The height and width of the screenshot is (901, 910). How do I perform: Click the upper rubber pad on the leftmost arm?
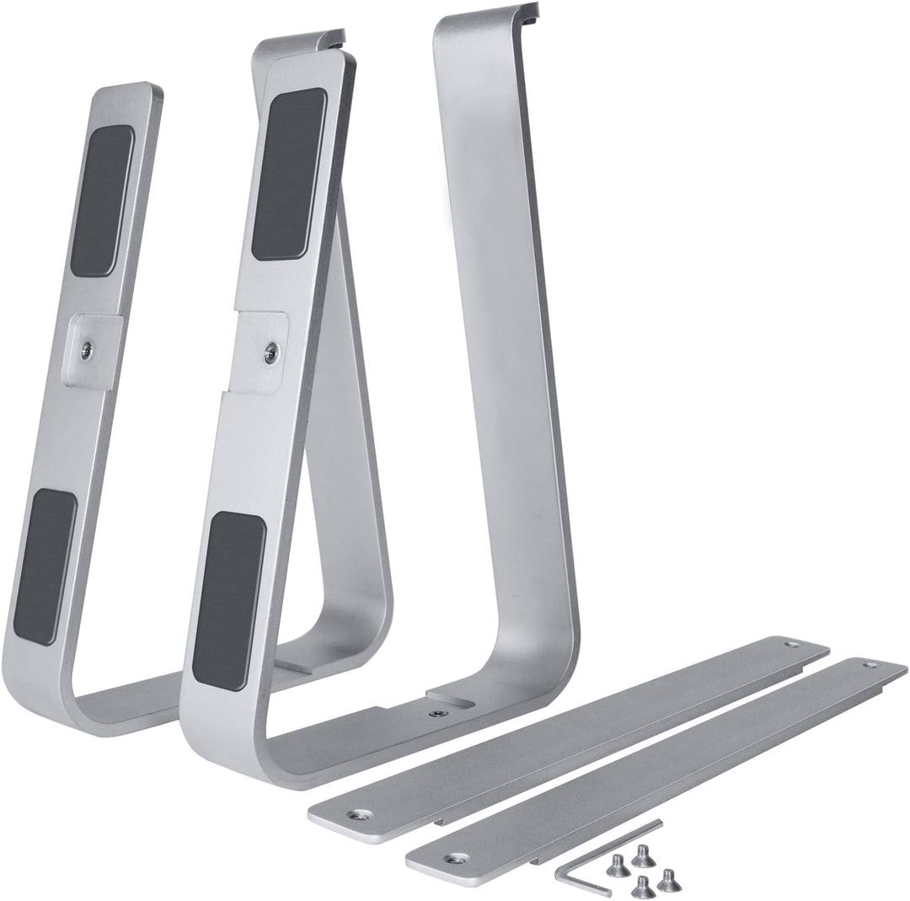(102, 201)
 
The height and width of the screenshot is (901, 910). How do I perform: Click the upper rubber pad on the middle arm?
(288, 174)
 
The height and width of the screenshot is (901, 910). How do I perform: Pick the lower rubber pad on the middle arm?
(228, 600)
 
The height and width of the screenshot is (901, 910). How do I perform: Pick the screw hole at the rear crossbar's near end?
(362, 815)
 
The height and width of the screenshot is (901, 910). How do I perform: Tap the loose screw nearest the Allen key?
(618, 866)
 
